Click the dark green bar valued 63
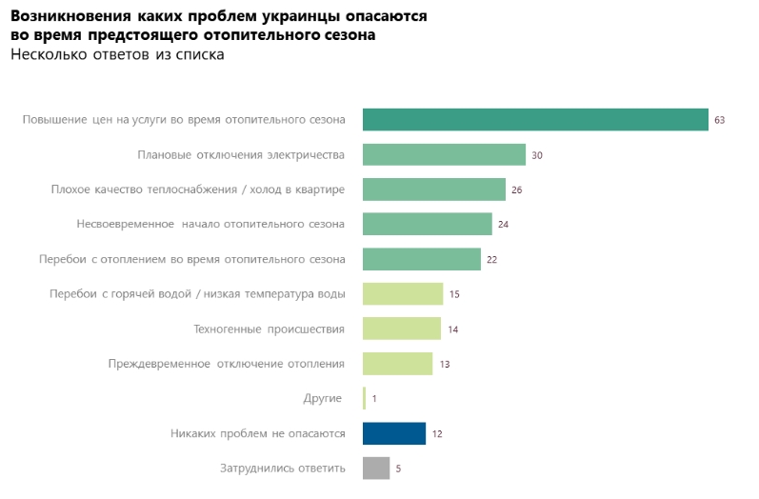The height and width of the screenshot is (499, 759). [x=535, y=120]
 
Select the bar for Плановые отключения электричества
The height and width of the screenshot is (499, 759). [x=444, y=155]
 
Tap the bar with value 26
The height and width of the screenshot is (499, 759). [x=433, y=190]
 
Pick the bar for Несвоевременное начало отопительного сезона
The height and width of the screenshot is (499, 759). [x=427, y=225]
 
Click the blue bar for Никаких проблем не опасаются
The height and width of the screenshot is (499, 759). [x=394, y=433]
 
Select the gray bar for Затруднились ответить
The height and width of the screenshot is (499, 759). [x=376, y=469]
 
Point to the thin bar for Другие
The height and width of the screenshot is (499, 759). [x=364, y=399]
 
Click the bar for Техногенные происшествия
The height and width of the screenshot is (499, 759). [x=402, y=329]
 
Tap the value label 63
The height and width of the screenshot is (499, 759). [x=720, y=121]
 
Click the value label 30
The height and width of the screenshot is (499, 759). [x=537, y=155]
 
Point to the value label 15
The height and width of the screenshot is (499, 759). [x=454, y=294]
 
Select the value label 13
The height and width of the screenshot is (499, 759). [x=444, y=364]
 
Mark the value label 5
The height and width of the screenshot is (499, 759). [x=398, y=469]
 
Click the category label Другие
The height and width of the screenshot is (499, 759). [x=323, y=399]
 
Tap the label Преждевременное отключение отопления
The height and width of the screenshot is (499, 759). [x=226, y=364]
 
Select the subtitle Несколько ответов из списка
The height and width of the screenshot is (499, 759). [x=117, y=55]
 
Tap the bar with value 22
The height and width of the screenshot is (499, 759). [x=421, y=259]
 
